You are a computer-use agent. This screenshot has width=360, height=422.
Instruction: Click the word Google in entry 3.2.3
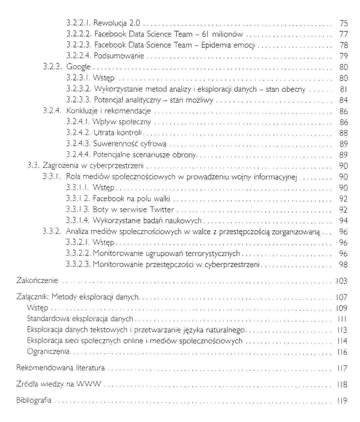coord(78,67)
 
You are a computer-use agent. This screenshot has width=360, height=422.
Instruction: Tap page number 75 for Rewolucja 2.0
coord(343,23)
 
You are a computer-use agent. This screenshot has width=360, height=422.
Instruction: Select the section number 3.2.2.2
coord(79,34)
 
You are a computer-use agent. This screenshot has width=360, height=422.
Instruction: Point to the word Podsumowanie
coord(119,56)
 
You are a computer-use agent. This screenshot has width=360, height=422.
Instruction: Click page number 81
coord(343,89)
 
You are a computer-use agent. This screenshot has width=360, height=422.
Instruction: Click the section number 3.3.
coord(33,166)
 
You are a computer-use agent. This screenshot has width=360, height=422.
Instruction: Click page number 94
coord(343,221)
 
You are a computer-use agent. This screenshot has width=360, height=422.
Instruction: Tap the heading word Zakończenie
coord(37,281)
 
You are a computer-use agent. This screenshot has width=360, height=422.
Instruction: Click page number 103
coord(342,281)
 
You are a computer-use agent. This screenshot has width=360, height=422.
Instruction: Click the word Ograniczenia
coord(48,352)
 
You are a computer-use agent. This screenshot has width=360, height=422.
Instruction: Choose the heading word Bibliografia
coord(34,400)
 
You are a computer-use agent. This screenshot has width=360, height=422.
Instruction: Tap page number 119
coord(342,401)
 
